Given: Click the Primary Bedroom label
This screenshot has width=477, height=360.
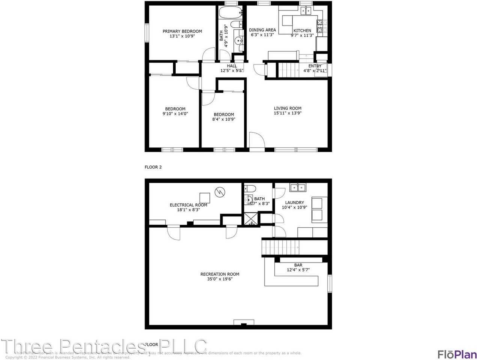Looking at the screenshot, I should (182, 31).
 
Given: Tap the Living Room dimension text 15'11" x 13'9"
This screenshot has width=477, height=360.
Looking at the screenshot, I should (287, 113).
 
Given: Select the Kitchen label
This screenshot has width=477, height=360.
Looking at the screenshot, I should (302, 30).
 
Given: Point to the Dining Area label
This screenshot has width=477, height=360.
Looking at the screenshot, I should (262, 30).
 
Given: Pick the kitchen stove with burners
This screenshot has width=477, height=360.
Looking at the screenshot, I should (320, 27).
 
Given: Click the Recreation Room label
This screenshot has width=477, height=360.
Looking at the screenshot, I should (220, 274).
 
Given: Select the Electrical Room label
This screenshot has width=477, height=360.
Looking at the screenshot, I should (188, 205).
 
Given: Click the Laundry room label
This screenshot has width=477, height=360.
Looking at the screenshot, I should (295, 202).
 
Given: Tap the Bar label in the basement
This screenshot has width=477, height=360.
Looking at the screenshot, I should (298, 265).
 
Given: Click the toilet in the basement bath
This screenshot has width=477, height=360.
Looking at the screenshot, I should (250, 188).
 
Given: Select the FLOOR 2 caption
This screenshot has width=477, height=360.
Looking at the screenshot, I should (153, 167).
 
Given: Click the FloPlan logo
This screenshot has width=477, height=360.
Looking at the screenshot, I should (457, 354).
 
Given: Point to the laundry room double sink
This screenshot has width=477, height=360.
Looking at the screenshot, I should (298, 187).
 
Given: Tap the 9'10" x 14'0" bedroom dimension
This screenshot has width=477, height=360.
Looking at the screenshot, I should (175, 114).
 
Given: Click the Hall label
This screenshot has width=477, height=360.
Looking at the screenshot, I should (232, 66).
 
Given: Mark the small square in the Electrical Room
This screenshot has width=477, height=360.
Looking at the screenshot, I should (205, 198).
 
